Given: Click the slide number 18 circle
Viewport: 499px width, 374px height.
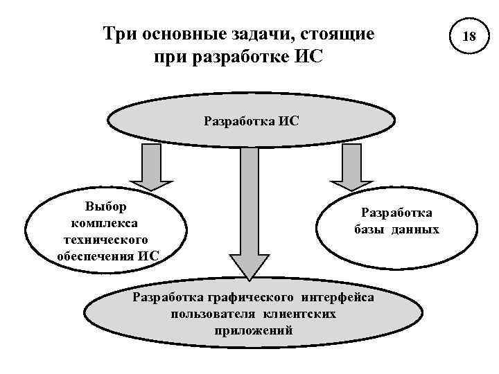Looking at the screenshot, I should pyautogui.click(x=469, y=35).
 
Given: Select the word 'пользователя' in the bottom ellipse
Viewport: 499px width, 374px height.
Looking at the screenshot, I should pyautogui.click(x=206, y=314).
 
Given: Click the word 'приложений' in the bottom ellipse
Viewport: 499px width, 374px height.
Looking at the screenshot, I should pyautogui.click(x=254, y=330).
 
